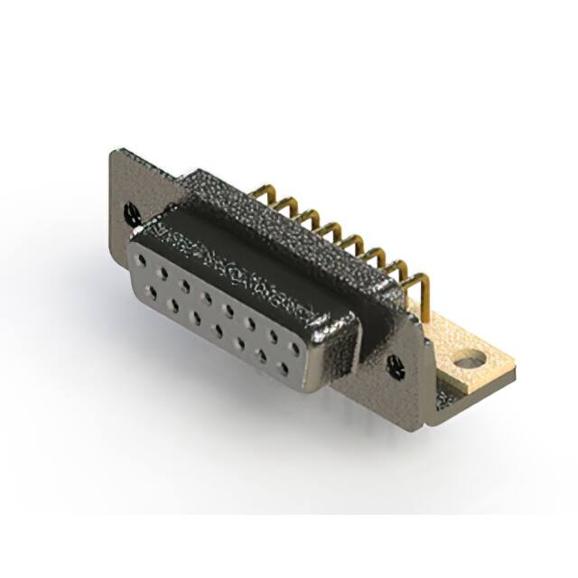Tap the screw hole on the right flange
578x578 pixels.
pyautogui.click(x=395, y=364)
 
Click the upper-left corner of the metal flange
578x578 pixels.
pyautogui.click(x=114, y=153)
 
